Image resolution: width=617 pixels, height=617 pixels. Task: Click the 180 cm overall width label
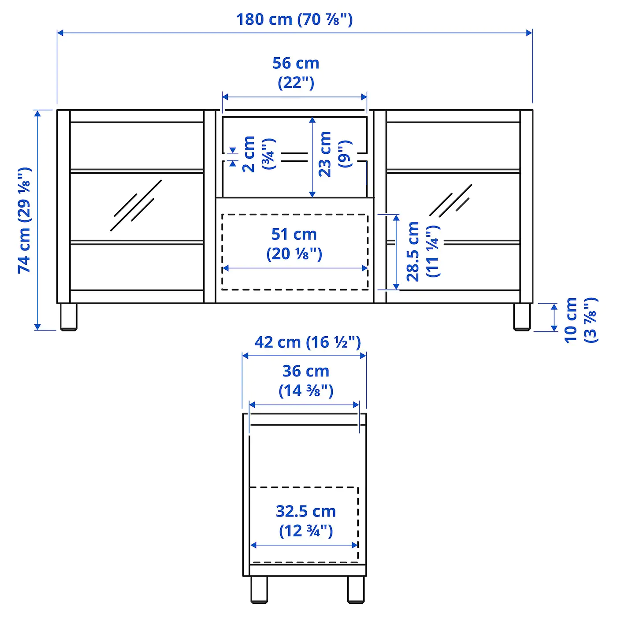click(x=294, y=19)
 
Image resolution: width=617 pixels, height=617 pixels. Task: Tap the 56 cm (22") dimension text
click(x=296, y=73)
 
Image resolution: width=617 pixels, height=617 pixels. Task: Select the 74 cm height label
click(x=25, y=220)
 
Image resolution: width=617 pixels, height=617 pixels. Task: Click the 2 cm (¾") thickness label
click(x=258, y=154)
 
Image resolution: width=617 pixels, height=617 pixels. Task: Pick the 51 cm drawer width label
click(x=294, y=244)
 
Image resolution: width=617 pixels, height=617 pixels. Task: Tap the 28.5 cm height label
click(x=422, y=251)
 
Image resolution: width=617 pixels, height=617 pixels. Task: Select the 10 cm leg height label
click(x=580, y=320)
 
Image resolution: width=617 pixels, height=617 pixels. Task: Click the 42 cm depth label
click(x=307, y=342)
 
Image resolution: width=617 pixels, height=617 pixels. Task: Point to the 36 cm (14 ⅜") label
click(x=306, y=381)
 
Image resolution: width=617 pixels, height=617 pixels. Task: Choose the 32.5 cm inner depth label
click(x=306, y=521)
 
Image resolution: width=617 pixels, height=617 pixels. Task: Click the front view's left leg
click(x=68, y=317)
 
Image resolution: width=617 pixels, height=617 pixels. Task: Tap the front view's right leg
click(x=522, y=317)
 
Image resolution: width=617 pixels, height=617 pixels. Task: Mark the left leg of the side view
click(x=259, y=590)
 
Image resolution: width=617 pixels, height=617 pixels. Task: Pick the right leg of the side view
click(x=356, y=590)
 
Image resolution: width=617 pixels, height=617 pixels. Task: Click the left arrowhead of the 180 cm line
click(x=60, y=33)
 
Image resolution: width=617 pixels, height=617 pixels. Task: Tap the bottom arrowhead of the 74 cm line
click(x=37, y=327)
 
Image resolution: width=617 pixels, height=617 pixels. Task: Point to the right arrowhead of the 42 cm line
click(x=363, y=356)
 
